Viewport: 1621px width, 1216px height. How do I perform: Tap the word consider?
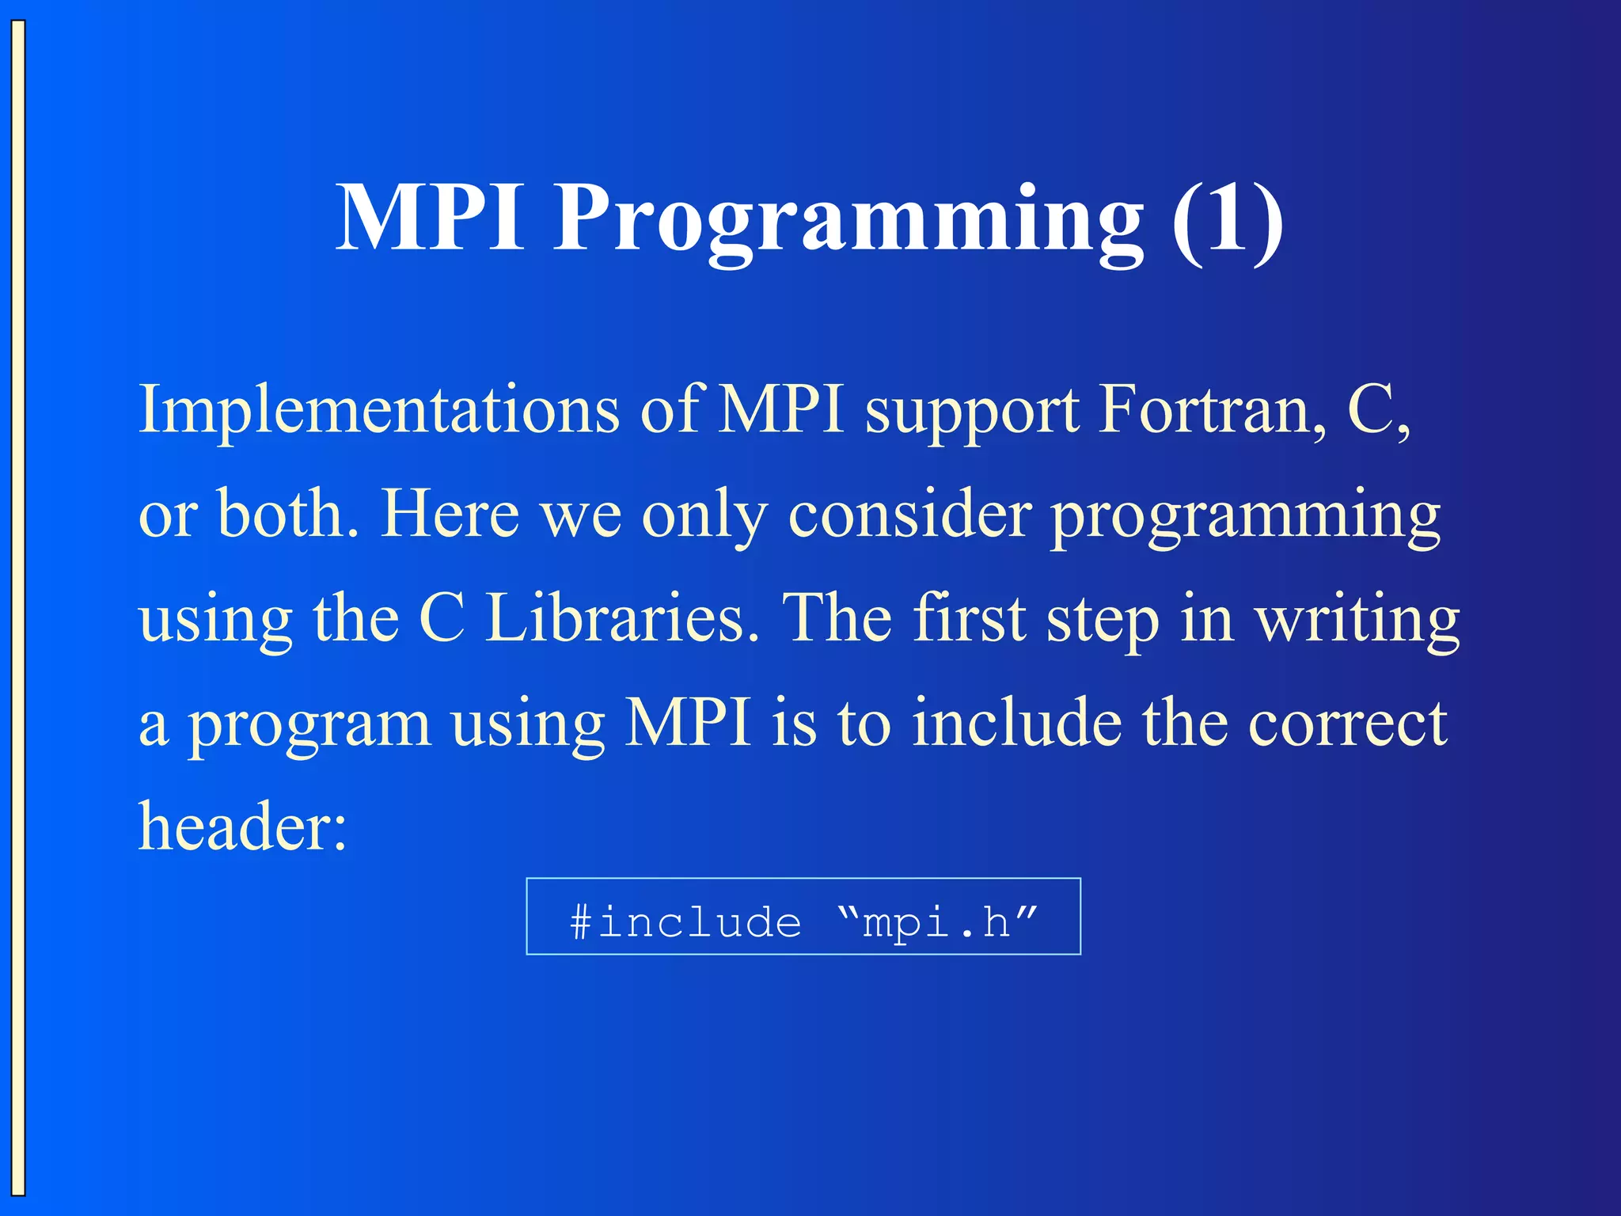(x=909, y=515)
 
